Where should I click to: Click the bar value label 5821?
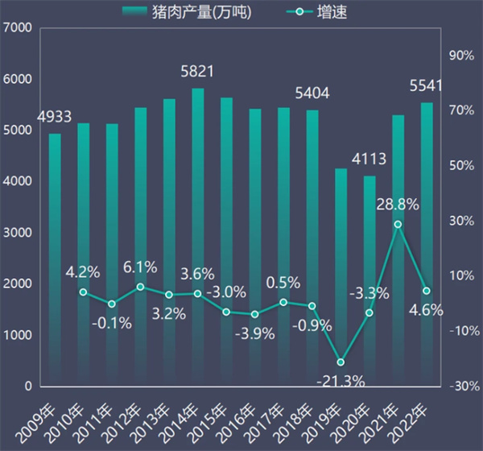click(x=197, y=72)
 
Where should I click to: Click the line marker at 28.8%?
click(x=398, y=225)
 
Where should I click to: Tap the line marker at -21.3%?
click(x=341, y=362)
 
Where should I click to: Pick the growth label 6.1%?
click(x=140, y=267)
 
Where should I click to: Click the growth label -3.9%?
click(x=255, y=333)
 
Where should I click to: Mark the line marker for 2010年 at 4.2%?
click(x=83, y=292)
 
